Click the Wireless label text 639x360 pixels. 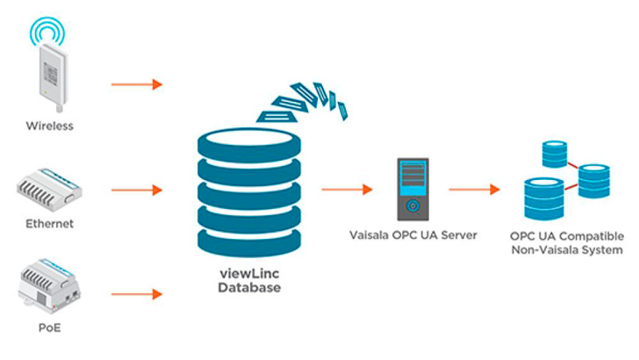pos(49,126)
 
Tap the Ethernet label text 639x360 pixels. pos(49,223)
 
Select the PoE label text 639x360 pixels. pos(49,328)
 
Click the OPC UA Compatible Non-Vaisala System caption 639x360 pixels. pos(567,242)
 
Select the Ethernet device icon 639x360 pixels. pos(49,188)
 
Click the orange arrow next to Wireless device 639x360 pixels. pos(137,84)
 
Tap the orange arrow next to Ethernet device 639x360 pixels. pos(137,189)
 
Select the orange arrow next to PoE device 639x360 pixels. pos(137,293)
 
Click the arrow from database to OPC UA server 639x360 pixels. pos(347,189)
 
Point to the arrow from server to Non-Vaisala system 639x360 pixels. pos(474,189)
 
